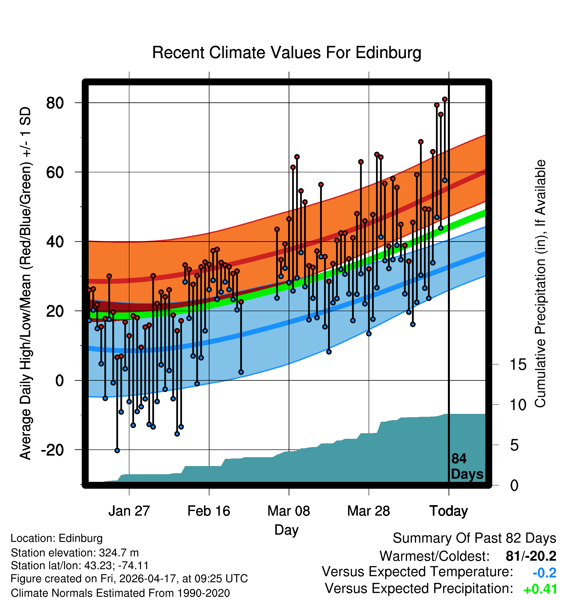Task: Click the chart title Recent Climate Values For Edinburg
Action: pos(287,53)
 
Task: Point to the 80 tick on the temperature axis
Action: pos(55,103)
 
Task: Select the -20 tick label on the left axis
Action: pos(53,450)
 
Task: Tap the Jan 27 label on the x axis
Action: pos(129,511)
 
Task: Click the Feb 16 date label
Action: pos(209,511)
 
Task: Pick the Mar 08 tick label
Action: pos(289,511)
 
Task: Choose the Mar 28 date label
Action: pos(369,511)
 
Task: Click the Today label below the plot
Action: pos(449,511)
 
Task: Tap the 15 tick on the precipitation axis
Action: pos(518,365)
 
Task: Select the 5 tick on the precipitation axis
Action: pos(515,445)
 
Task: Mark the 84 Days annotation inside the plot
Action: pos(467,467)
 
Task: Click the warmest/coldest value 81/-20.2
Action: pos(531,556)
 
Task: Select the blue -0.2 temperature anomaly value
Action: pos(544,573)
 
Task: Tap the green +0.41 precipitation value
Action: pos(540,589)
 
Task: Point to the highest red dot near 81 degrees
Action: pos(445,99)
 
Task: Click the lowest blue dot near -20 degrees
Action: pos(117,451)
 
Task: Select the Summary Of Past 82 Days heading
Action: pos(475,539)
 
